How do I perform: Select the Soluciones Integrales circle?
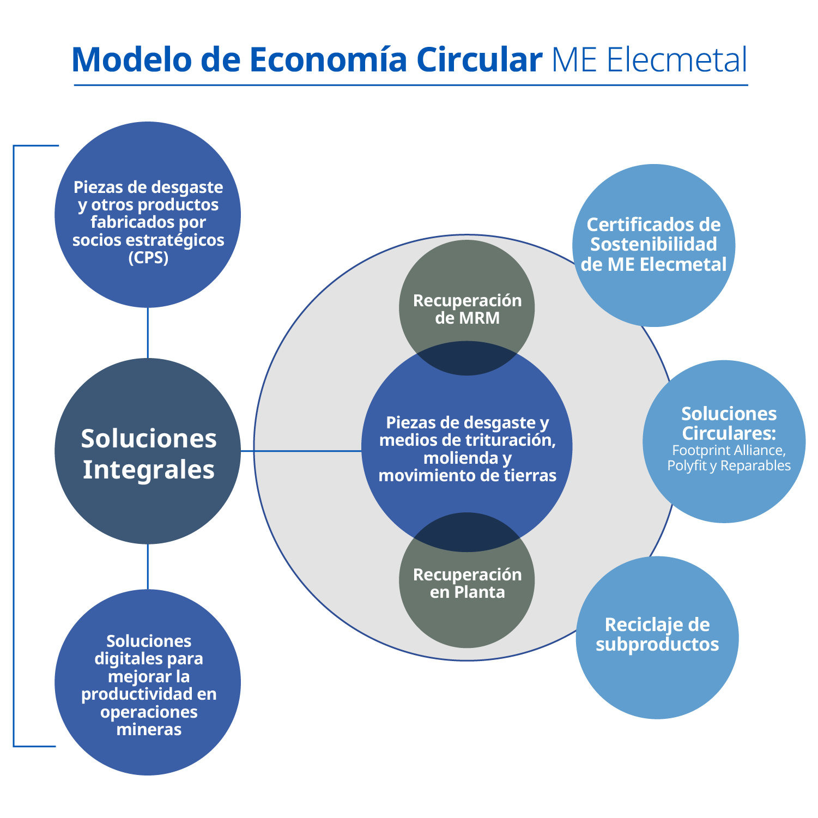point(148,451)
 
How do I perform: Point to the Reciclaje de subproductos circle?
point(657,638)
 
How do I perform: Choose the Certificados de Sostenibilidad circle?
point(654,245)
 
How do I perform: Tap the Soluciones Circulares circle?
point(724,441)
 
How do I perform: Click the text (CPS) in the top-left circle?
point(148,257)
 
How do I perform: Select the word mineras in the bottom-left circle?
point(149,729)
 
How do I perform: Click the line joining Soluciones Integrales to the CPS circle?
point(148,333)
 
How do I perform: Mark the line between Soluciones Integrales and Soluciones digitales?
point(148,567)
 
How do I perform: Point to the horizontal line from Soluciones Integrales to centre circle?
point(301,451)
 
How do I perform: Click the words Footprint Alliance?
point(728,451)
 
